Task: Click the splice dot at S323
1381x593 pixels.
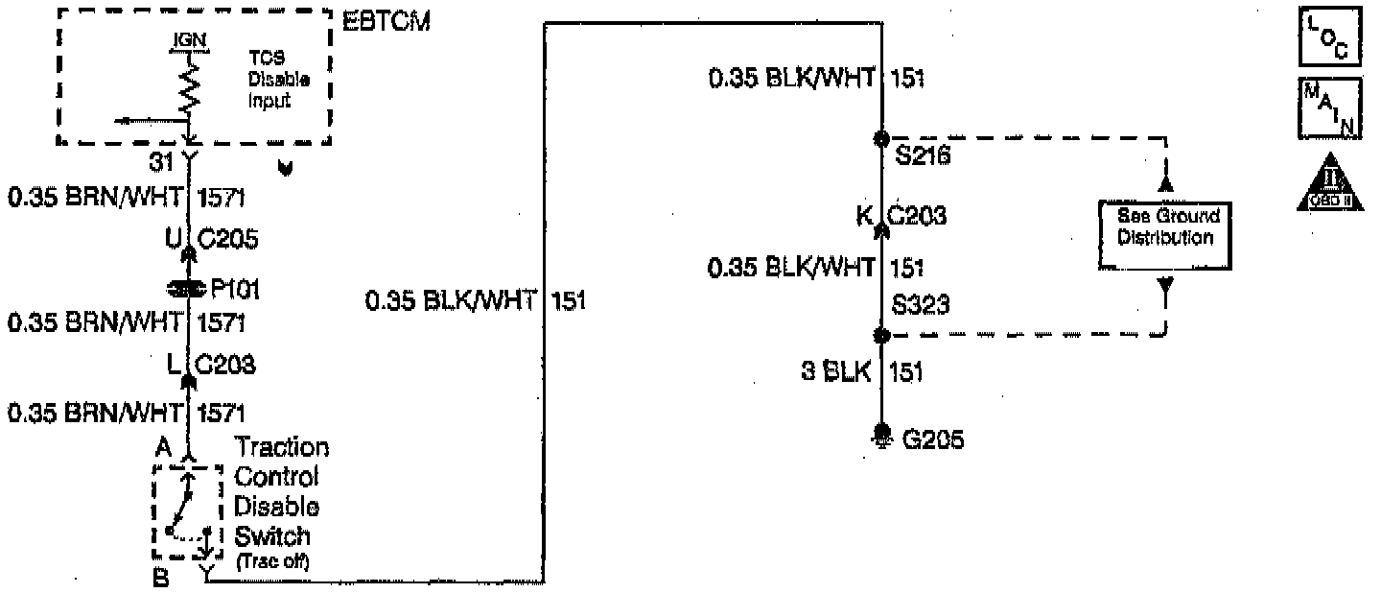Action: click(x=881, y=336)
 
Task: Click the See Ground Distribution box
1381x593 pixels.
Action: click(x=1165, y=235)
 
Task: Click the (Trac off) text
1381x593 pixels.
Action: click(x=273, y=561)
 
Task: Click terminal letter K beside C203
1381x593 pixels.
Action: click(x=863, y=216)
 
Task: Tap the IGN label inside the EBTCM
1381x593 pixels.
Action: click(x=189, y=43)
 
